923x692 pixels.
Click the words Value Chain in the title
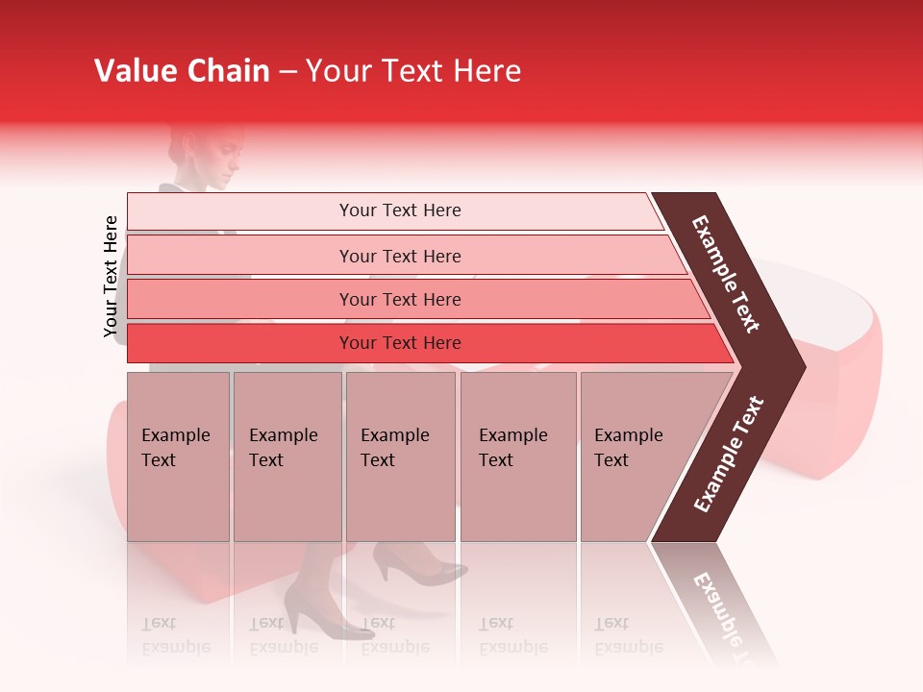[182, 71]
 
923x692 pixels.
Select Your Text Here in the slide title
[413, 71]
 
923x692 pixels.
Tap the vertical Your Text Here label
[112, 277]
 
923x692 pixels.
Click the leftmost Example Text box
[178, 457]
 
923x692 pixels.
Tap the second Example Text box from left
[287, 457]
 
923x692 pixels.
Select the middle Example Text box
[400, 457]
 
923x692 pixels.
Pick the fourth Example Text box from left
[517, 457]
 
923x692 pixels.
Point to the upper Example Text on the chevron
[727, 274]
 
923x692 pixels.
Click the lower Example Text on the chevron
[729, 455]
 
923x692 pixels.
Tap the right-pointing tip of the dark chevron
[802, 366]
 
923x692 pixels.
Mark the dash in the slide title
[287, 71]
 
